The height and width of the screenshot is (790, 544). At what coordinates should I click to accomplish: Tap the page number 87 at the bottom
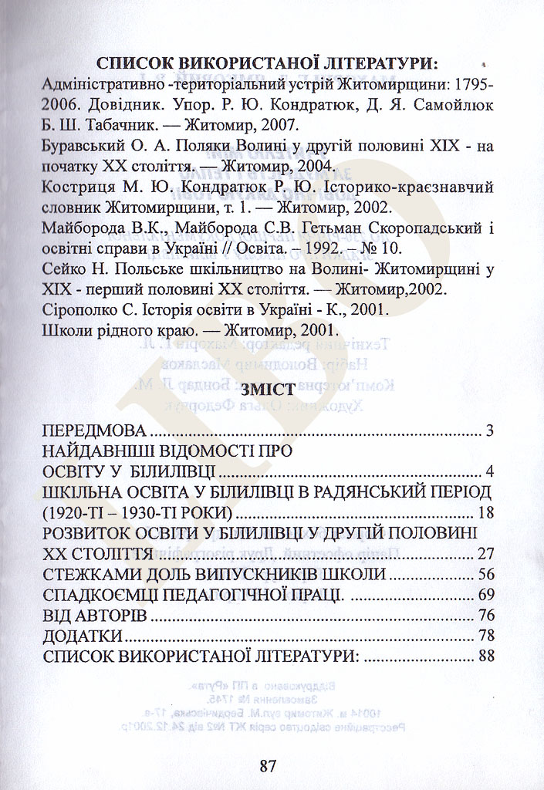[x=268, y=766]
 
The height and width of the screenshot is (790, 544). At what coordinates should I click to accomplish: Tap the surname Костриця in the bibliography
[x=74, y=187]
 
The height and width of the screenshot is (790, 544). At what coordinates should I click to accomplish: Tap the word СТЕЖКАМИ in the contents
[x=93, y=575]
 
